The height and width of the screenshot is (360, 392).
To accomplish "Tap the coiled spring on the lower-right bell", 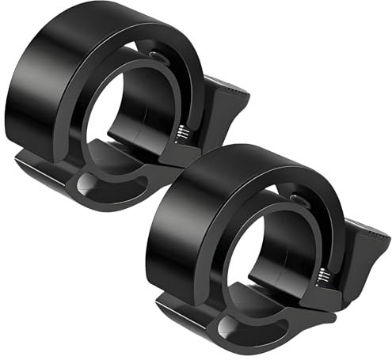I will point(324,275).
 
